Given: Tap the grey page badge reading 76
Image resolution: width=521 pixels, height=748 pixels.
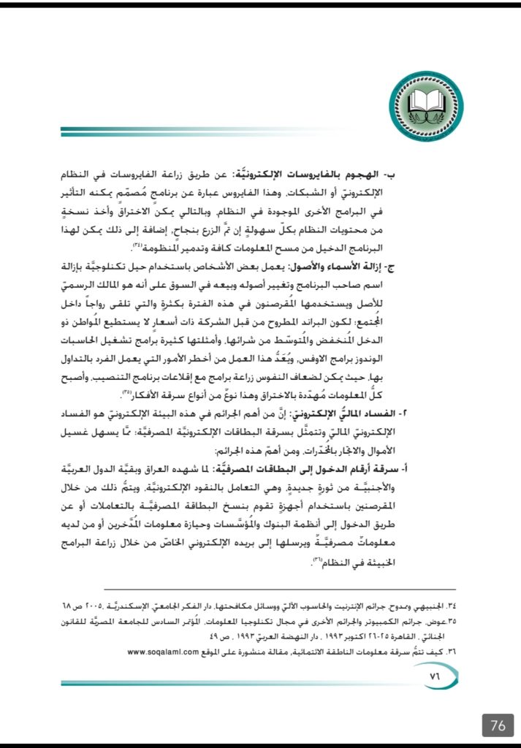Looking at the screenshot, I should (x=498, y=725).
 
